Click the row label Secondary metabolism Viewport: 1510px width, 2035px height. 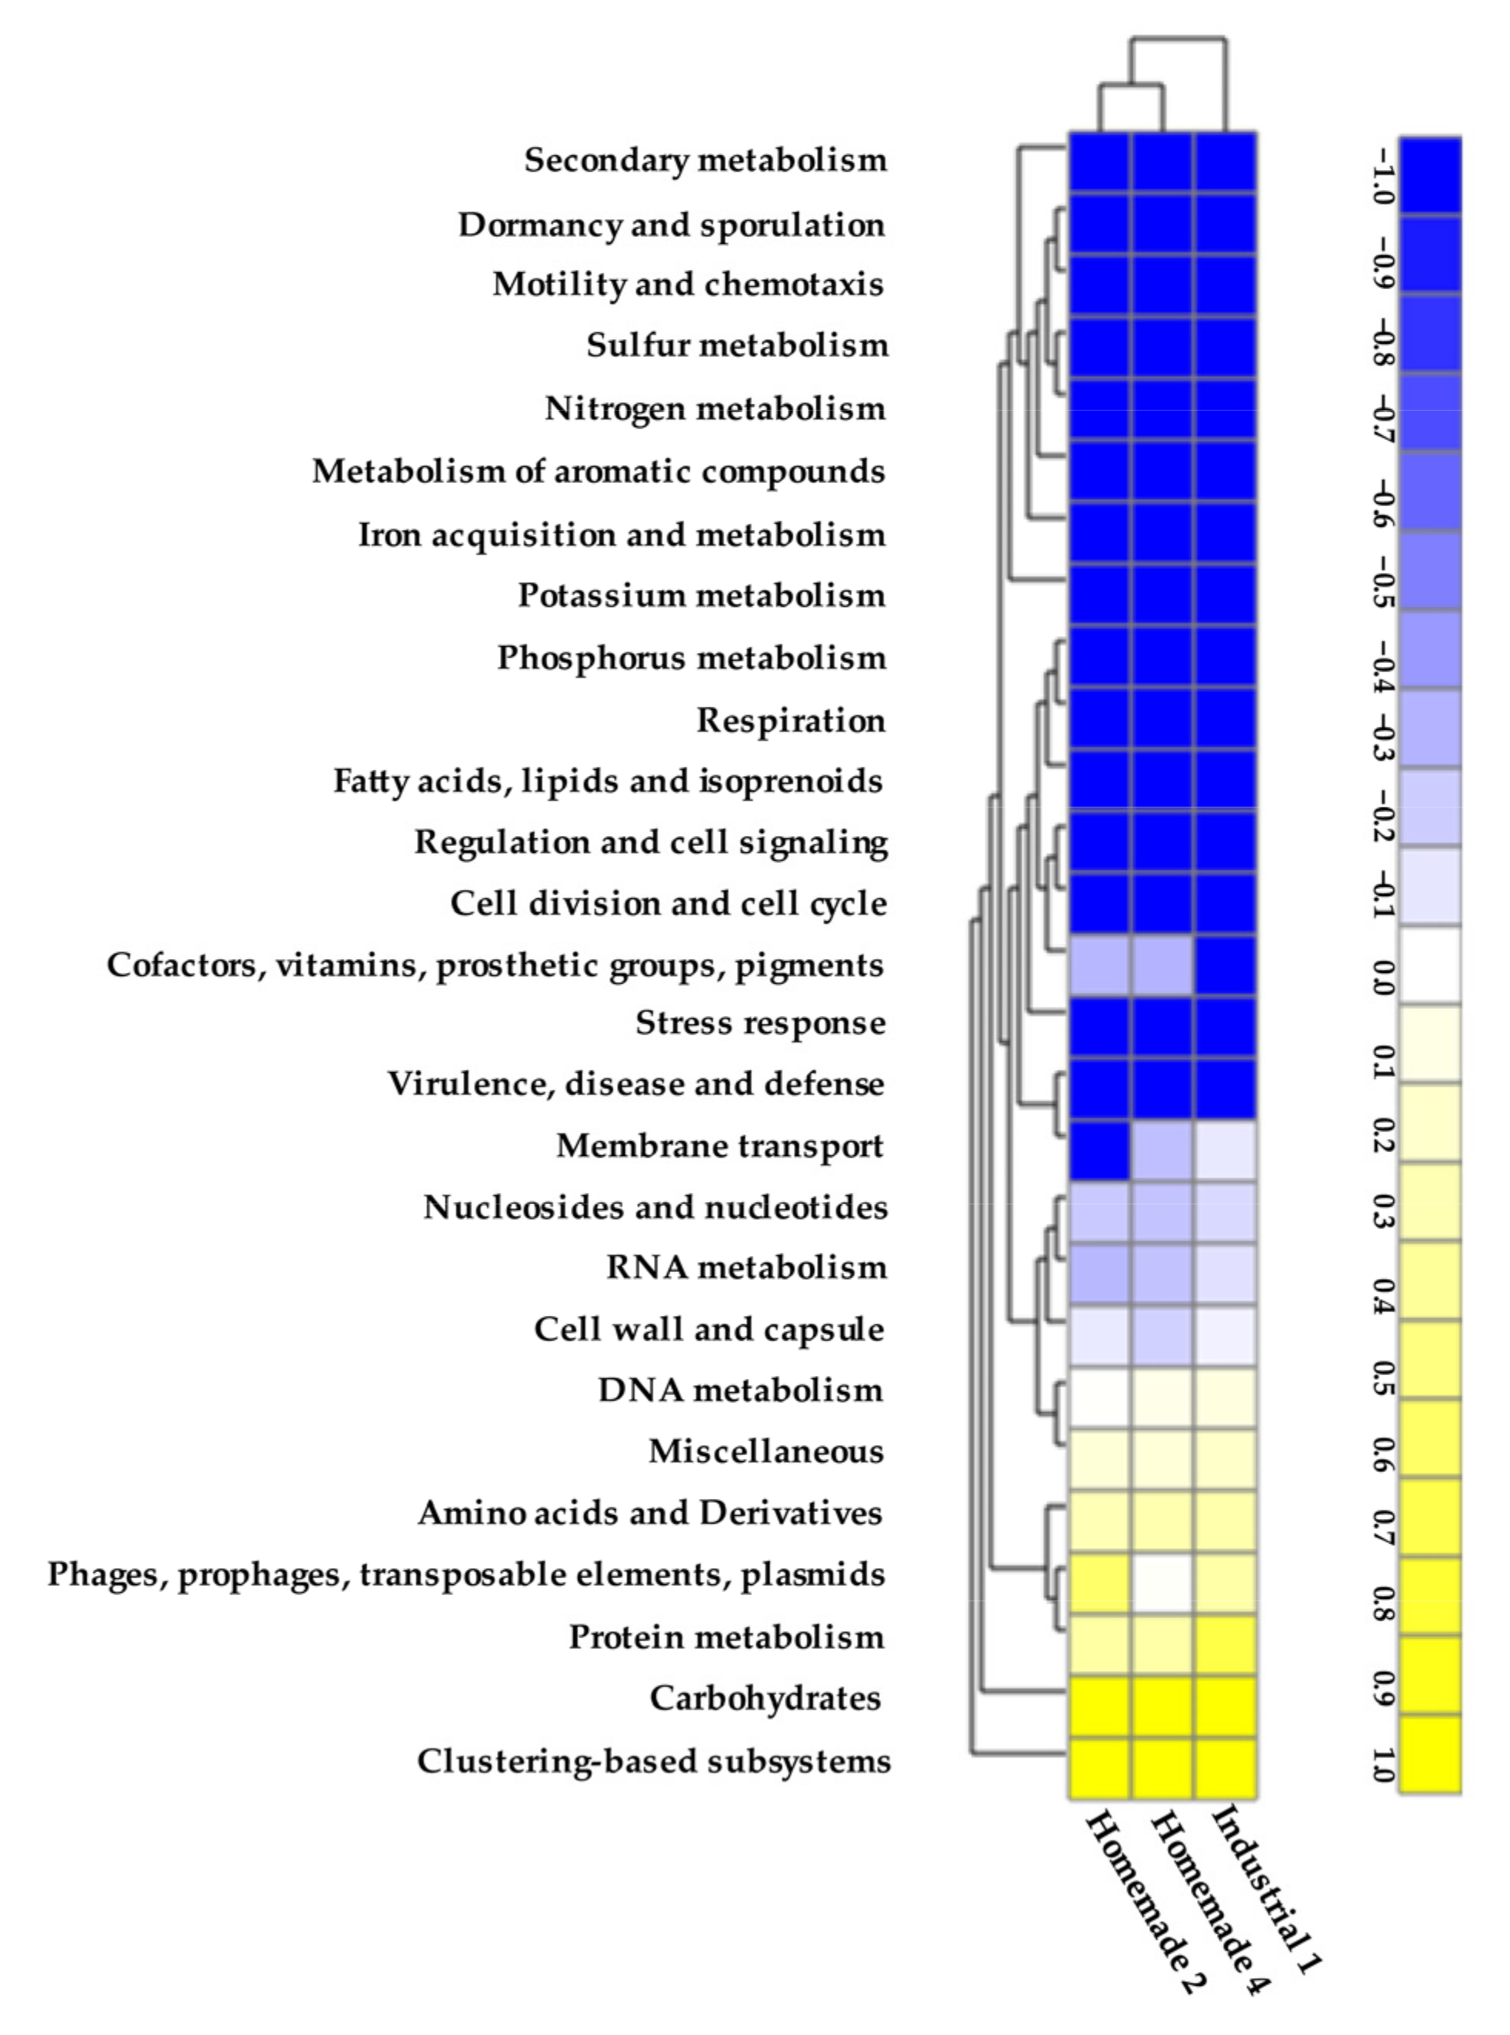pyautogui.click(x=705, y=161)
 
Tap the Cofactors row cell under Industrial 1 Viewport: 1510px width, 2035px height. pyautogui.click(x=1225, y=966)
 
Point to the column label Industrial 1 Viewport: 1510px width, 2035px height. pyautogui.click(x=1266, y=1888)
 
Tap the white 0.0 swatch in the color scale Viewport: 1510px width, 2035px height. pyautogui.click(x=1431, y=966)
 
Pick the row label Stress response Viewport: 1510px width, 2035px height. pyautogui.click(x=761, y=1024)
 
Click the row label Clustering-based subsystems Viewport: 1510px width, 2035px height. pyautogui.click(x=654, y=1761)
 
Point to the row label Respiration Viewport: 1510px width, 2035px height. pyautogui.click(x=791, y=720)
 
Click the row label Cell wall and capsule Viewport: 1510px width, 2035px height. pyautogui.click(x=709, y=1330)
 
